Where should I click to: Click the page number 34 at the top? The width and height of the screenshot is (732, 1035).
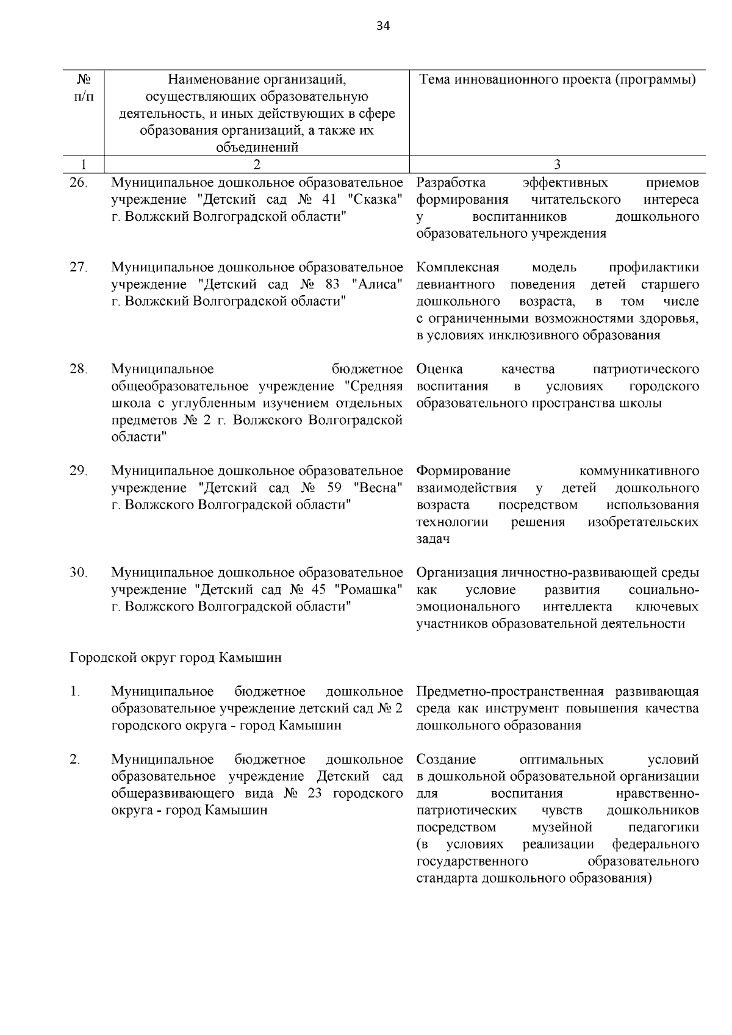[x=383, y=26]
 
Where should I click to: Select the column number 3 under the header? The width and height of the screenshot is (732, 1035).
[x=557, y=164]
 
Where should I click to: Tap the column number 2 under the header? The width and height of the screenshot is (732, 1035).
[x=256, y=164]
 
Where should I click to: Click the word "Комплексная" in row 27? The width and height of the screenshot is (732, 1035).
[x=458, y=268]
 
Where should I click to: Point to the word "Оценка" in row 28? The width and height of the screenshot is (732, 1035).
[x=439, y=369]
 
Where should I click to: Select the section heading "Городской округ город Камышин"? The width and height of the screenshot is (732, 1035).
[x=176, y=658]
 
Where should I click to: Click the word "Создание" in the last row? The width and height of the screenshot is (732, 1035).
[x=446, y=759]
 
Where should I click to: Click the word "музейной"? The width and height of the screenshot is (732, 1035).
[x=562, y=828]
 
